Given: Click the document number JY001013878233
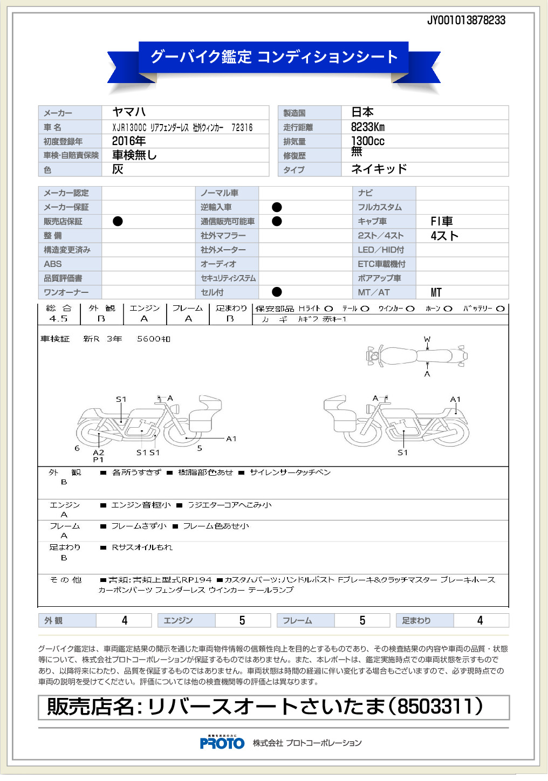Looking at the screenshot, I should pyautogui.click(x=466, y=20).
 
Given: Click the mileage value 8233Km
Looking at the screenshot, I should pyautogui.click(x=368, y=127).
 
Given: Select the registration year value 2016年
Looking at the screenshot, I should pyautogui.click(x=128, y=141).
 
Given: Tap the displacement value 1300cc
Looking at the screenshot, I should pyautogui.click(x=368, y=141).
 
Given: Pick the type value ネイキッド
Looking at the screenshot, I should pyautogui.click(x=379, y=169).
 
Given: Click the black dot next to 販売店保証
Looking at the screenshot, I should pyautogui.click(x=118, y=221).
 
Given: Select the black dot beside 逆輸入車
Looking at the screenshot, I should pyautogui.click(x=277, y=207).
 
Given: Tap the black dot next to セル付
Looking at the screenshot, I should pyautogui.click(x=277, y=292).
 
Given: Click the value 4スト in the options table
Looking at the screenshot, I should pyautogui.click(x=444, y=236).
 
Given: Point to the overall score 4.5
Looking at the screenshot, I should pyautogui.click(x=58, y=319).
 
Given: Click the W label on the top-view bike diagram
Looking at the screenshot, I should pyautogui.click(x=427, y=339).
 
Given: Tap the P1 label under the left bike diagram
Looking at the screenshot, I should pyautogui.click(x=98, y=460).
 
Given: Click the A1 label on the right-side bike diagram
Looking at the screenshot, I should pyautogui.click(x=455, y=400).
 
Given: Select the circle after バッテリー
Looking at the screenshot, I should pyautogui.click(x=500, y=309).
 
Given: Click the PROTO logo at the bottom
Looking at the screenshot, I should pyautogui.click(x=222, y=743).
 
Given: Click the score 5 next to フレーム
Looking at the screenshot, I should pyautogui.click(x=362, y=621).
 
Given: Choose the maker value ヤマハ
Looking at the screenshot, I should pyautogui.click(x=129, y=112).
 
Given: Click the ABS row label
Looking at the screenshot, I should pyautogui.click(x=53, y=264).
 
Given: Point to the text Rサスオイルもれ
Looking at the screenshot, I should pyautogui.click(x=142, y=547).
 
